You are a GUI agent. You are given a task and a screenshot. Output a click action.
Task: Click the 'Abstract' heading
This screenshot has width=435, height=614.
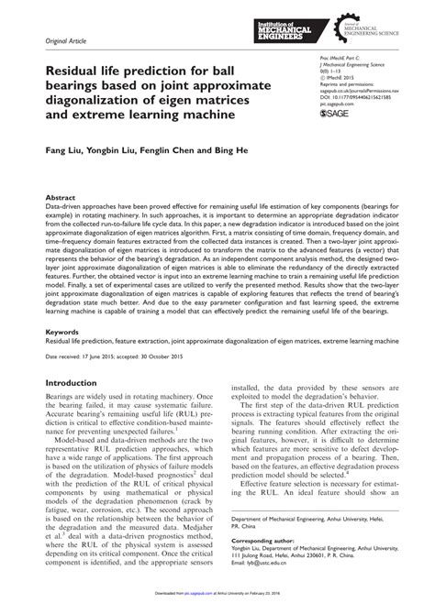tap(61, 197)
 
